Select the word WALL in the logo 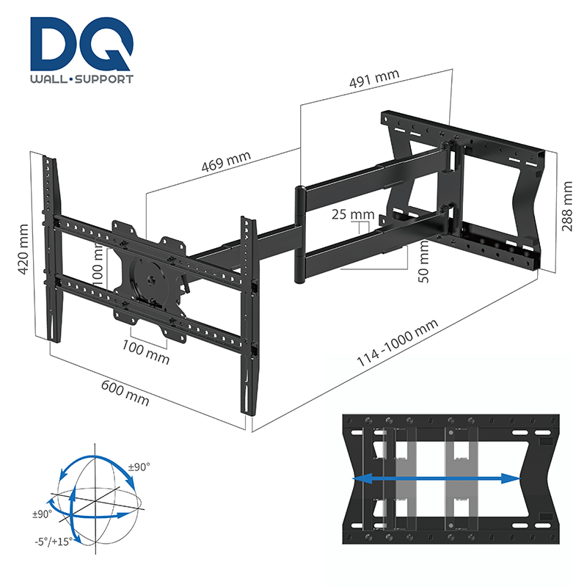point(50,79)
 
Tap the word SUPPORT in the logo point(104,79)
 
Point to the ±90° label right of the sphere point(139,467)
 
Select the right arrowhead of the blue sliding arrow point(515,478)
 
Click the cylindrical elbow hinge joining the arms point(299,235)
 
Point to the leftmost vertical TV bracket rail point(51,249)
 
